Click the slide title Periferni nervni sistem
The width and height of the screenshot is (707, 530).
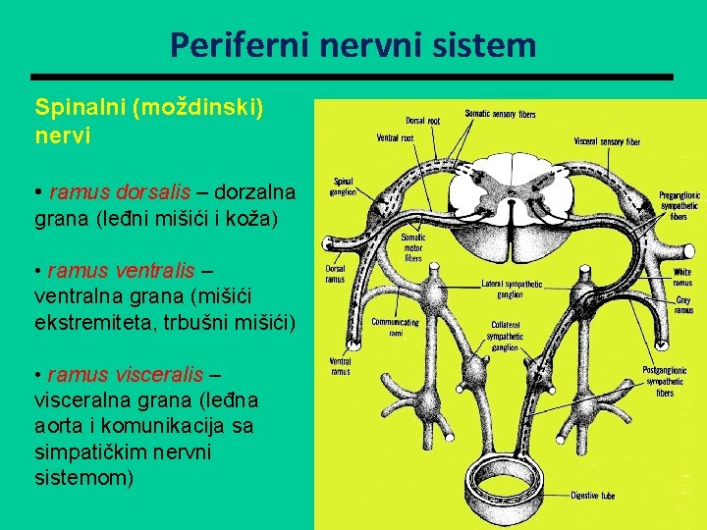click(x=353, y=44)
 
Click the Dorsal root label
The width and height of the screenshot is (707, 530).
click(x=422, y=121)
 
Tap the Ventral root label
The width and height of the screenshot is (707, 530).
click(x=395, y=137)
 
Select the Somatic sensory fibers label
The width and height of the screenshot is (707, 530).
click(x=500, y=114)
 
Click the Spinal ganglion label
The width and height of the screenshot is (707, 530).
click(x=344, y=186)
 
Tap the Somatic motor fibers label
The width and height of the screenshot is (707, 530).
click(x=412, y=247)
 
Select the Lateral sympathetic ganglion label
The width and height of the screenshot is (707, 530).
click(x=512, y=289)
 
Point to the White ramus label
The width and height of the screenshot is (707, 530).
click(x=681, y=278)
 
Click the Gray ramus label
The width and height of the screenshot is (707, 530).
click(x=682, y=305)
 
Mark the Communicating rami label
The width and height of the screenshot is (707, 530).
click(x=395, y=327)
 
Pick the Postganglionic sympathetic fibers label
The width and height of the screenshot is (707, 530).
click(x=664, y=381)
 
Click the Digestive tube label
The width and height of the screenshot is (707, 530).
click(x=592, y=496)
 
